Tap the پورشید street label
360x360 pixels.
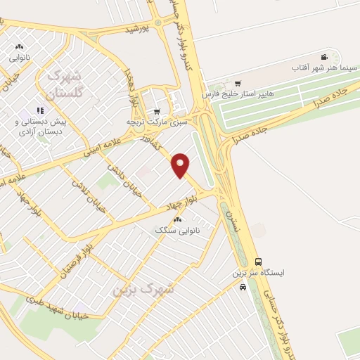(137, 30)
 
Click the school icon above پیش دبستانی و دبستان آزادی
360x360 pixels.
(40, 110)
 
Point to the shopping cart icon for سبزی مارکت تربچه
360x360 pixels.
(156, 110)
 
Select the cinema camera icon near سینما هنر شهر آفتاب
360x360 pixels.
(323, 57)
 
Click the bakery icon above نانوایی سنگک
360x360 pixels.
(176, 220)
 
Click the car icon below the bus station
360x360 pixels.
(243, 286)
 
